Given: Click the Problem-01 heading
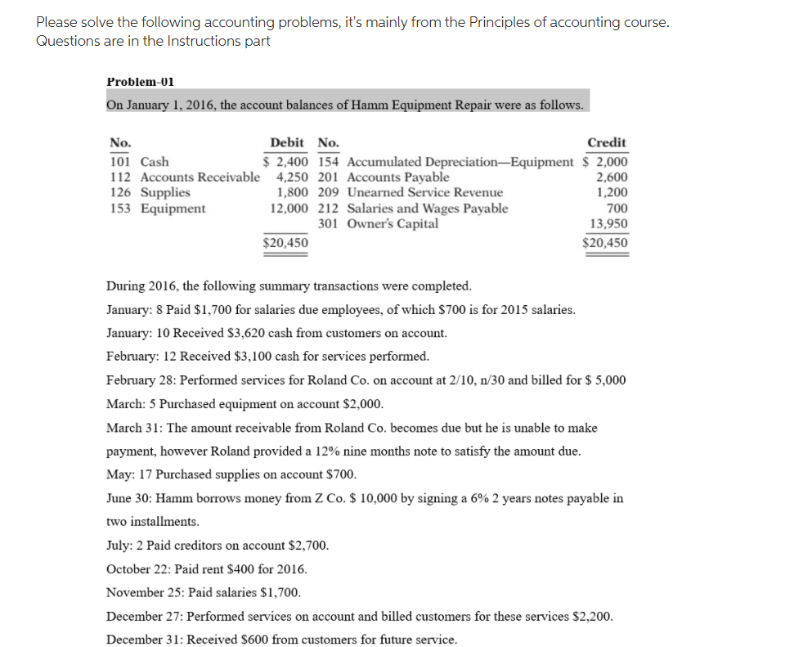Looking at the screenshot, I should (x=140, y=82).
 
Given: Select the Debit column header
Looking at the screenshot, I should (x=287, y=142).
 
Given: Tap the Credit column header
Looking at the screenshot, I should (x=607, y=142).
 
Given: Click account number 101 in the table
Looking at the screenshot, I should (x=119, y=162).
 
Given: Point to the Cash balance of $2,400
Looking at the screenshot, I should (x=285, y=162).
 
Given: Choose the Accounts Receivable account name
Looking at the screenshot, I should (x=200, y=177).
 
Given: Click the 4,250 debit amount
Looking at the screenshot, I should (x=293, y=177).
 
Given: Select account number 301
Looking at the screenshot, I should (x=328, y=224).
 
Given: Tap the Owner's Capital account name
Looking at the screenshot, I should (x=393, y=224).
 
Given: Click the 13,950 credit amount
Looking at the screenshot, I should (x=609, y=224).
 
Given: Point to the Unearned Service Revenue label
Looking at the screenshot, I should (x=425, y=193).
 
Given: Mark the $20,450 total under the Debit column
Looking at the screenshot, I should (x=285, y=242).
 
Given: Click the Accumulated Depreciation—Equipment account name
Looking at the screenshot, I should (x=460, y=162).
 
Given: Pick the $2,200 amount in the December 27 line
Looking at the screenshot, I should (x=590, y=616).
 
